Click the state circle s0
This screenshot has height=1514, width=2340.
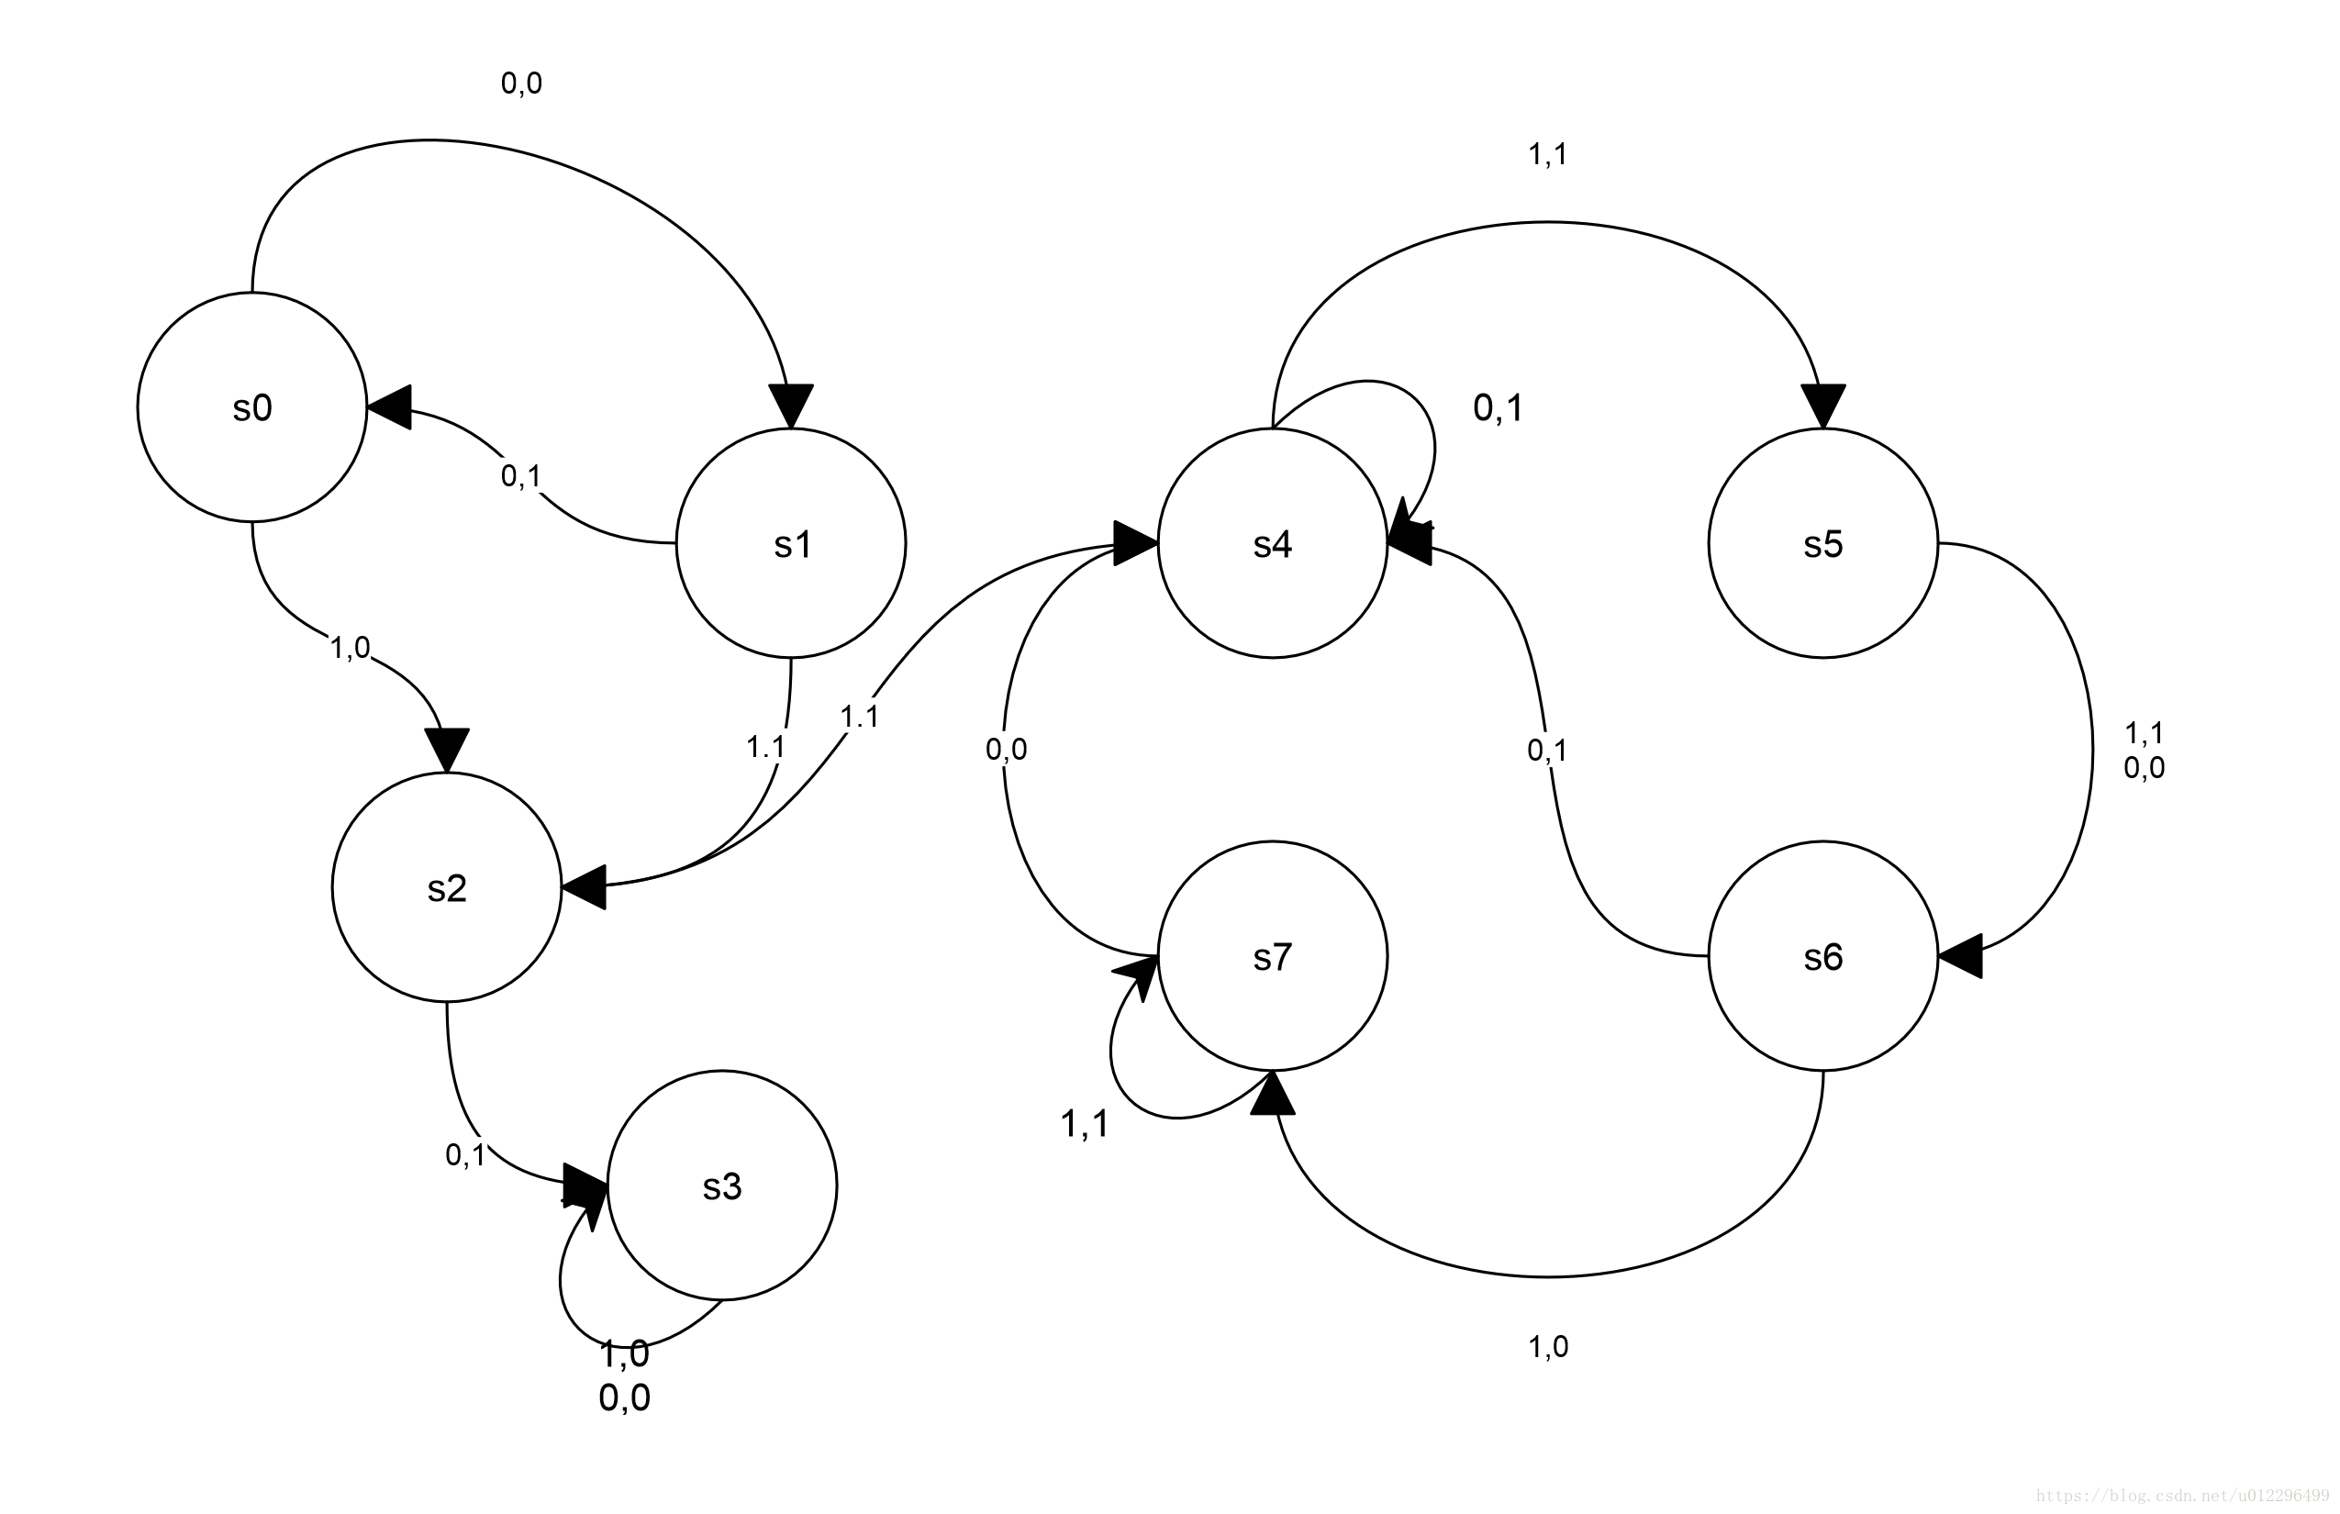(x=251, y=407)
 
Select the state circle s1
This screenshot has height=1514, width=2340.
(x=790, y=542)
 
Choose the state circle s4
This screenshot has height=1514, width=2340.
(x=1272, y=542)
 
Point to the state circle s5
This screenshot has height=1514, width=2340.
(x=1822, y=542)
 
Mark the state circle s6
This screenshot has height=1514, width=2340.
(x=1822, y=955)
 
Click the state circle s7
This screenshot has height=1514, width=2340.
(x=1272, y=955)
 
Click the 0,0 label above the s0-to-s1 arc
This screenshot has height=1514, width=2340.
(x=521, y=83)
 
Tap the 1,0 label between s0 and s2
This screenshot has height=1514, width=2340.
(x=350, y=647)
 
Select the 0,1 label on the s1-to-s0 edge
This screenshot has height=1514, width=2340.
(x=521, y=476)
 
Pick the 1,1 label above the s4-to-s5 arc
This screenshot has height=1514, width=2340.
(x=1547, y=154)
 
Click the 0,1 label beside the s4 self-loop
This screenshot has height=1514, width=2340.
(x=1498, y=408)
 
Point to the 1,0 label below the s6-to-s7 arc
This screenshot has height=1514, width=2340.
(x=1547, y=1347)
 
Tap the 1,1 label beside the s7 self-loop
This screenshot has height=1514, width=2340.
(x=1085, y=1124)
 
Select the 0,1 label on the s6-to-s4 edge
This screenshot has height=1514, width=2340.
(x=1546, y=751)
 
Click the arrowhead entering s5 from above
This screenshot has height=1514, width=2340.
(x=1822, y=406)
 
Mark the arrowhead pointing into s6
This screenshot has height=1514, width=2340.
(x=1959, y=954)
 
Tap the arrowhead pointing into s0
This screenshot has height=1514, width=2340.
(x=389, y=407)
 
